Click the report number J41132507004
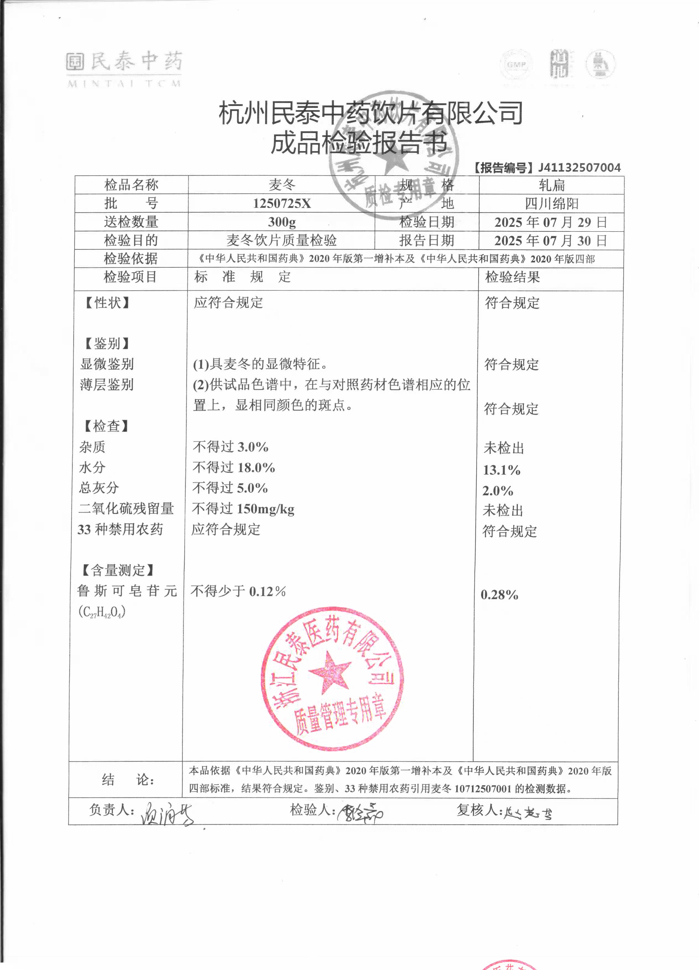tap(579, 168)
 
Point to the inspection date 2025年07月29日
tap(551, 222)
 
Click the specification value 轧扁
tap(552, 185)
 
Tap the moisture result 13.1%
tap(502, 470)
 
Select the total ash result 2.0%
tap(498, 491)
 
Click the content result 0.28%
tap(499, 594)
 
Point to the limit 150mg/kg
tap(265, 509)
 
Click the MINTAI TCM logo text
tap(124, 84)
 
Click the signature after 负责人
tap(167, 813)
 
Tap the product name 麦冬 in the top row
tap(282, 185)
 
